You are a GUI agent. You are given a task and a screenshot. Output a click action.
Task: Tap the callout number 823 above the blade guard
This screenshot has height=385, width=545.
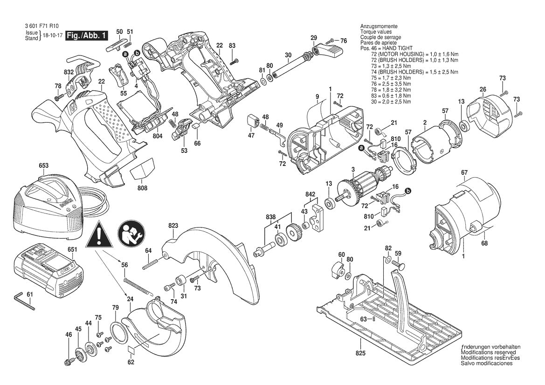(173, 226)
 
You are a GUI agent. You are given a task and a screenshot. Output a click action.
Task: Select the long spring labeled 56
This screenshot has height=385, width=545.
(138, 285)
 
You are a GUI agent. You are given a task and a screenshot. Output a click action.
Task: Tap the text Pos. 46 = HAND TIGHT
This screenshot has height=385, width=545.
(390, 49)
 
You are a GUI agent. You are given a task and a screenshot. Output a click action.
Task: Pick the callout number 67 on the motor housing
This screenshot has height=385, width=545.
(464, 172)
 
